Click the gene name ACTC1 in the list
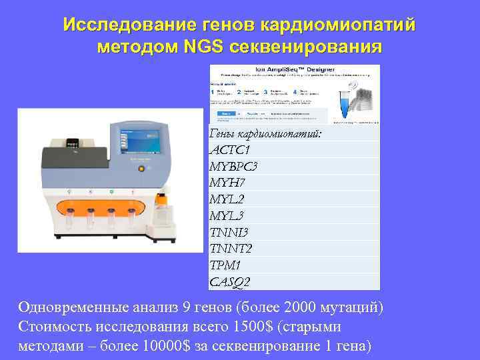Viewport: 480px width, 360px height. click(x=230, y=149)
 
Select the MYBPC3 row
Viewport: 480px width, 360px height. click(x=233, y=166)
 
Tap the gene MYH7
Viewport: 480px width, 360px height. click(x=227, y=183)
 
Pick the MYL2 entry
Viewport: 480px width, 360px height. click(x=227, y=199)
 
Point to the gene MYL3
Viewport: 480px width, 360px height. click(x=227, y=216)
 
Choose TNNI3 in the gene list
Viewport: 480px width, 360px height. click(x=229, y=233)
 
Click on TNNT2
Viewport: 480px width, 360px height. click(x=231, y=249)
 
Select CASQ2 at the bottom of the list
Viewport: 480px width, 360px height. click(x=230, y=282)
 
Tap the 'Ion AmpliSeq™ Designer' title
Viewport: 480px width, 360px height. click(x=294, y=69)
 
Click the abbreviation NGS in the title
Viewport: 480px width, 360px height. click(x=203, y=47)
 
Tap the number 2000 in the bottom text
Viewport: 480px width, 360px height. click(x=298, y=307)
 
